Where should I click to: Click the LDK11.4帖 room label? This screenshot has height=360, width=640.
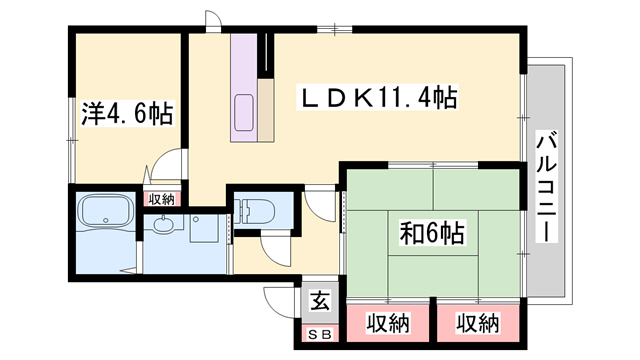[x=379, y=98]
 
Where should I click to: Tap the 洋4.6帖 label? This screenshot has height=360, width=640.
[x=128, y=113]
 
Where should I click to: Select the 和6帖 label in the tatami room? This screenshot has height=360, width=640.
[x=432, y=233]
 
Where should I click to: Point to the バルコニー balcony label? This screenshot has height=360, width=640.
[x=546, y=186]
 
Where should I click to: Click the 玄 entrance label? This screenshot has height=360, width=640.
[x=320, y=302]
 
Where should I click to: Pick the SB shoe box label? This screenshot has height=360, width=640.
[x=320, y=335]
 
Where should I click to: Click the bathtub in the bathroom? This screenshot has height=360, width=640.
[x=106, y=211]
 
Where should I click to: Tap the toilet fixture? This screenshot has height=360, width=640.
[x=258, y=211]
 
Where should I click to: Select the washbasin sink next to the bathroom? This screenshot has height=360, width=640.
[x=164, y=224]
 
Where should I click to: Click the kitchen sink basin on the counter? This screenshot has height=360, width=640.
[x=244, y=113]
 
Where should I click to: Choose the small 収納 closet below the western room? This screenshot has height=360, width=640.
[x=161, y=199]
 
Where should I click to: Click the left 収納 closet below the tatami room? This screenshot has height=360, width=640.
[x=388, y=323]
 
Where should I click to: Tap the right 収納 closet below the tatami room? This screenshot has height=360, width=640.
[x=478, y=323]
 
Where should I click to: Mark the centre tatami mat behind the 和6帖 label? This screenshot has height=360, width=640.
[x=433, y=233]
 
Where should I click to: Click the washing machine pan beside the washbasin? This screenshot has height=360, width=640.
[x=207, y=229]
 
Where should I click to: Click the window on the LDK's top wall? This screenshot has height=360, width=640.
[x=335, y=29]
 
